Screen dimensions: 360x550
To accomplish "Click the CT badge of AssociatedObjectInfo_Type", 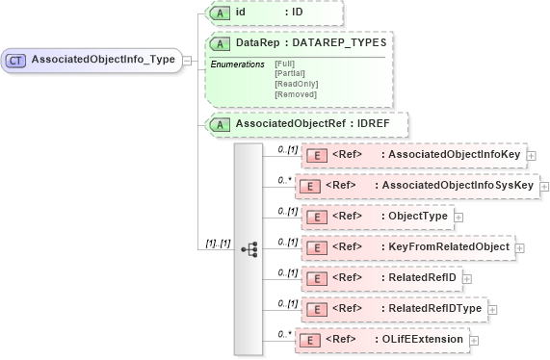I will [x=15, y=60].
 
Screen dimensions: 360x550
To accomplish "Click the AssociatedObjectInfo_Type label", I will [x=103, y=60].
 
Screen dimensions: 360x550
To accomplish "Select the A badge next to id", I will [x=221, y=13].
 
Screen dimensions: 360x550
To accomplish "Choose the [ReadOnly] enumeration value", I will [x=296, y=84].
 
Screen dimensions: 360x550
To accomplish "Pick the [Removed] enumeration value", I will [x=295, y=94].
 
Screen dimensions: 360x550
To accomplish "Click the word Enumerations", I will [x=237, y=64].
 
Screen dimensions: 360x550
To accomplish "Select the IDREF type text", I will [x=380, y=124].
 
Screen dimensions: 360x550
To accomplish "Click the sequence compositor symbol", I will [x=247, y=247].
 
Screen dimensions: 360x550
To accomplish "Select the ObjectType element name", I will [x=417, y=216].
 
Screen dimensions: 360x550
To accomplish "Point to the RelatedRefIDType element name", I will [x=435, y=308].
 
